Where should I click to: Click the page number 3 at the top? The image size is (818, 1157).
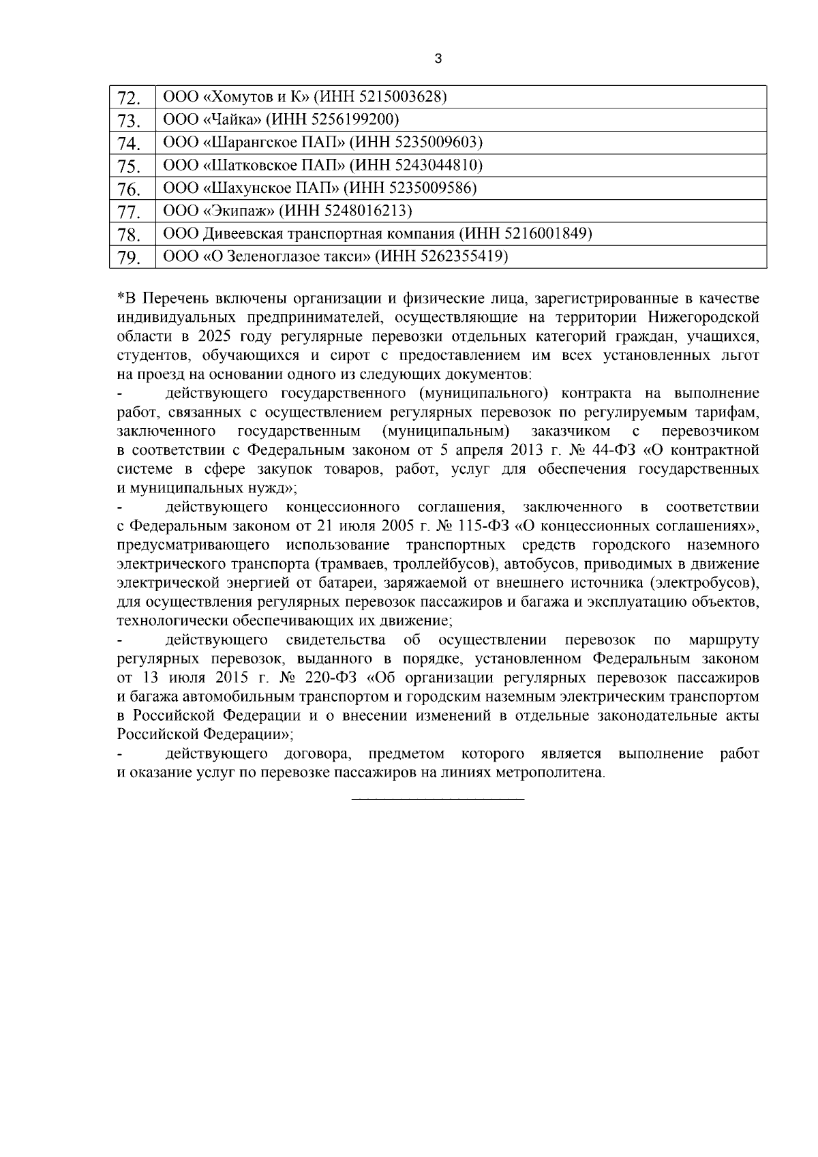(438, 59)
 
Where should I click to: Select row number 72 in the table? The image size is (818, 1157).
(129, 98)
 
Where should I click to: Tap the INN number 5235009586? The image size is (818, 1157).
(429, 187)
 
